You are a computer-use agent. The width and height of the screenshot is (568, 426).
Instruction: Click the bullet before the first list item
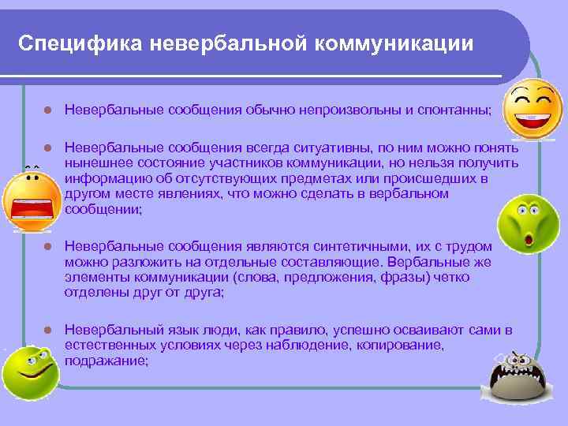coord(47,111)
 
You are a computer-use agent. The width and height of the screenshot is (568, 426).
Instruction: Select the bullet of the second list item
coord(47,148)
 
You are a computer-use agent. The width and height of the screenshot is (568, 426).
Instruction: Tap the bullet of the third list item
coord(47,247)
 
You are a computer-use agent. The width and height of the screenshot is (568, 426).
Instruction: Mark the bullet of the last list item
coord(47,329)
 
